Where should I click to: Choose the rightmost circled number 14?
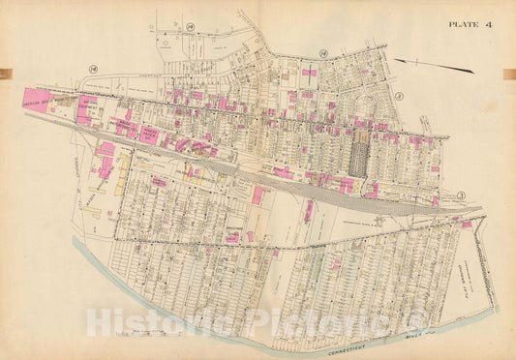click(x=323, y=54)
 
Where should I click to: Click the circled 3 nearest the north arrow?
click(x=398, y=97)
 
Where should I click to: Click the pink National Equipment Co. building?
click(x=86, y=107)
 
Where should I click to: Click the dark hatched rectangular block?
click(x=358, y=155)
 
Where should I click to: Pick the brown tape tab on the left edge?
click(x=4, y=75)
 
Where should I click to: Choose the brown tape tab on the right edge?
click(x=511, y=75)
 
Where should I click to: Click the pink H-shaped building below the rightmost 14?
click(x=310, y=73)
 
